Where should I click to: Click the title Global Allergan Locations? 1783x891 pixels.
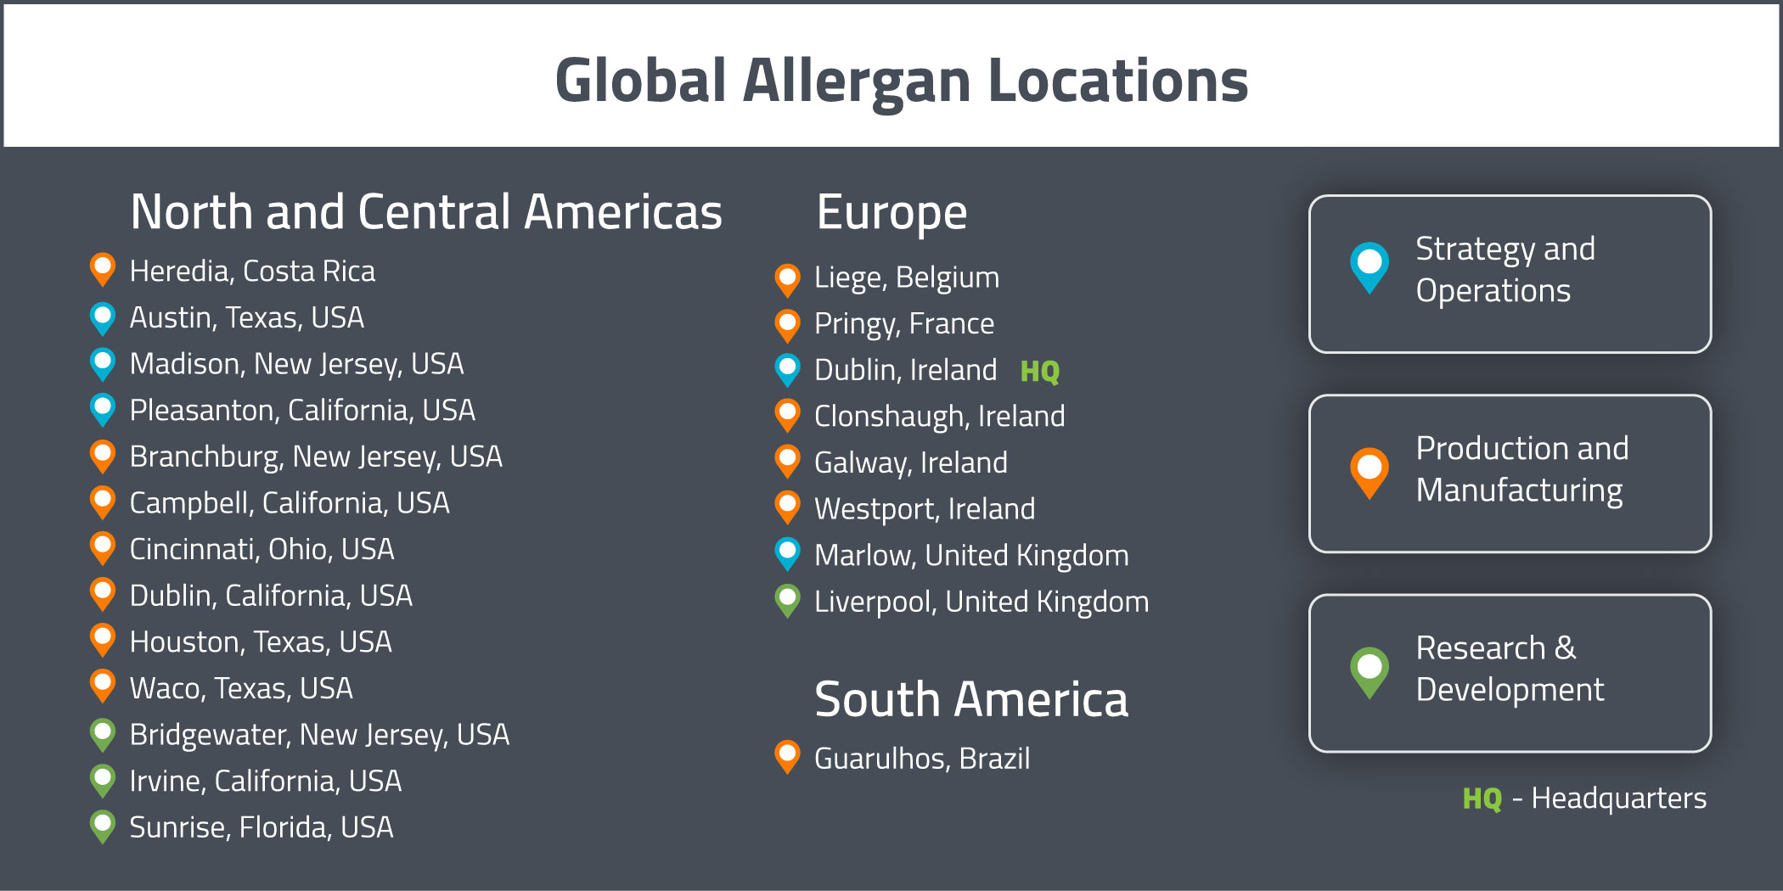point(901,81)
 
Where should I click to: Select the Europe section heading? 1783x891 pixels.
point(891,212)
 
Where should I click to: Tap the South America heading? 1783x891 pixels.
point(970,700)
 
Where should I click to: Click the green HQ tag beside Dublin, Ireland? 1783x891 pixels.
point(1039,371)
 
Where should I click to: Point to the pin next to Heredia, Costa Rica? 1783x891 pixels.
point(103,269)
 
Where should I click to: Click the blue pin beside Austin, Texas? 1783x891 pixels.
point(103,317)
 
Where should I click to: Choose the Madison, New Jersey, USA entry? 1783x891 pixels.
point(296,364)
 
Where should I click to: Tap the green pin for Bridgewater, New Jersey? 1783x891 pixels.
point(103,733)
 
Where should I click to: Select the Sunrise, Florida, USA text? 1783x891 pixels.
point(261,827)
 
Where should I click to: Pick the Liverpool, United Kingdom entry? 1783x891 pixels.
point(981,602)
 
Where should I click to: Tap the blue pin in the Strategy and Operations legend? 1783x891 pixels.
point(1369,266)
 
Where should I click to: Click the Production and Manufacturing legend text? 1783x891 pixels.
point(1521,469)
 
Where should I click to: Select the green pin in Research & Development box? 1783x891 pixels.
point(1369,670)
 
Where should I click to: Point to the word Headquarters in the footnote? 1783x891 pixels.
point(1618,799)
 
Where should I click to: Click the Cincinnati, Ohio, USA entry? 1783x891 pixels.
point(262,549)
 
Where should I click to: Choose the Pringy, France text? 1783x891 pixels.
point(903,324)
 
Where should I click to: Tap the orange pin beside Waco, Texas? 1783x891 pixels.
point(103,686)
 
